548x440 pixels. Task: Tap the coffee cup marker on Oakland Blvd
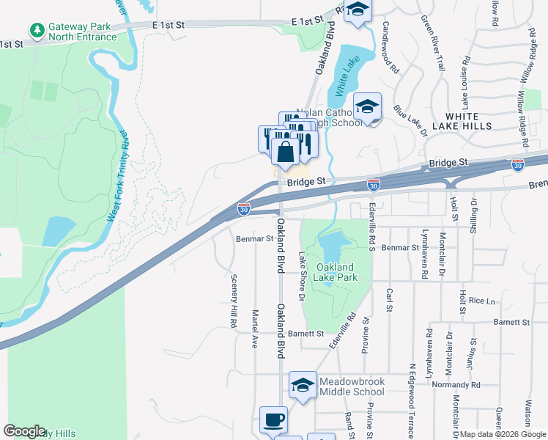click(274, 420)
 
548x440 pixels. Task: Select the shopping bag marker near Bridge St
click(286, 153)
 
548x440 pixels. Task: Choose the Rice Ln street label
click(482, 301)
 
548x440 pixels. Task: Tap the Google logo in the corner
click(24, 431)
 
